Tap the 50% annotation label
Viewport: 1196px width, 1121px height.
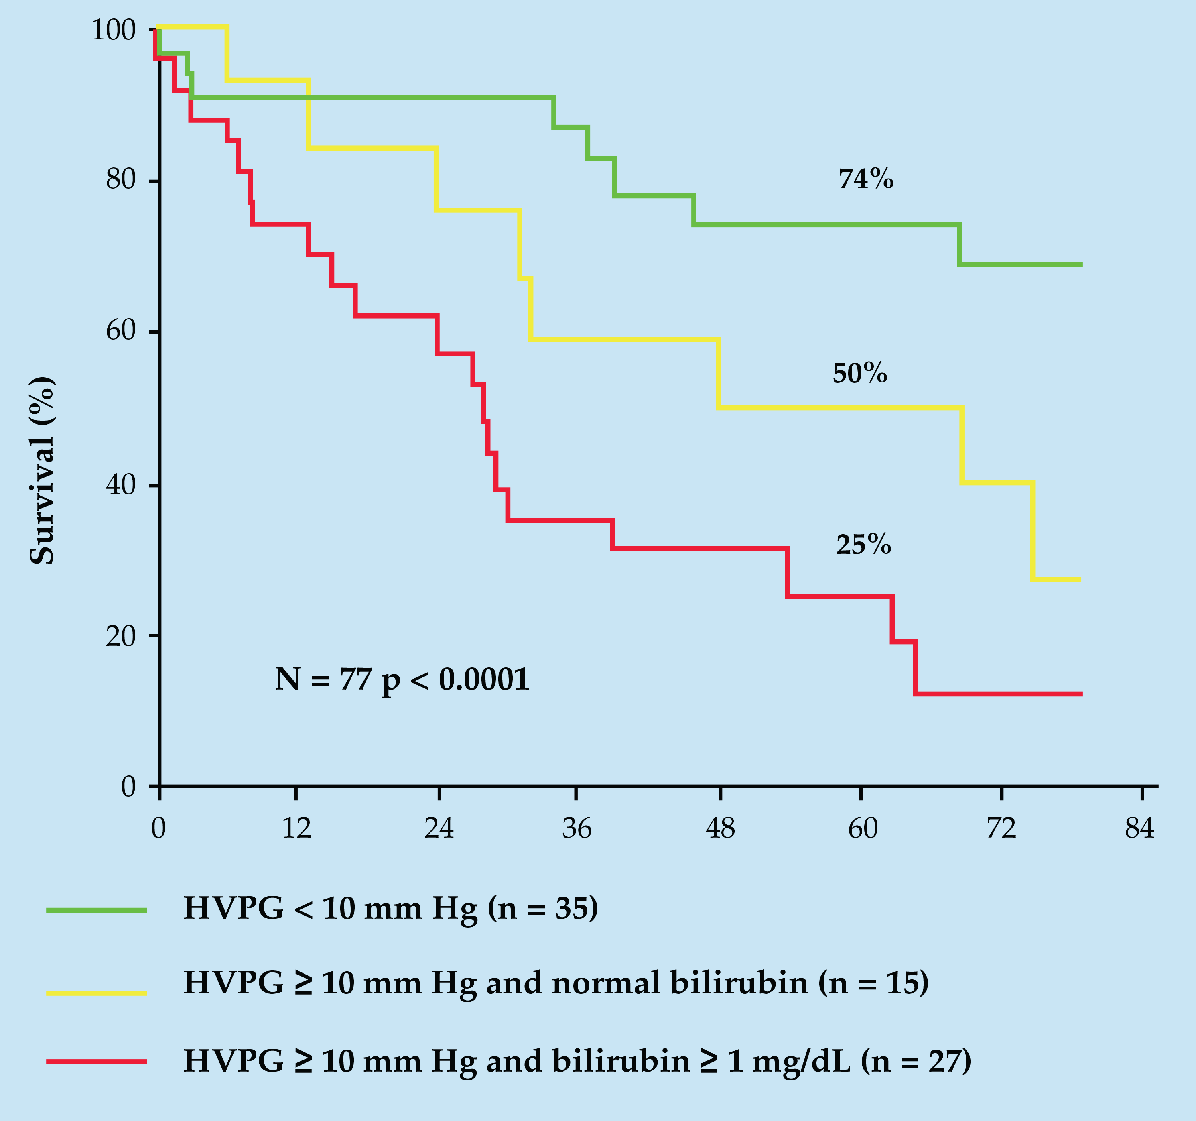pos(860,374)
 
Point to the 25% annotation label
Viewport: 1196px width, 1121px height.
pos(863,545)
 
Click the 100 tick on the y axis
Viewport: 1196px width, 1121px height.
pos(114,30)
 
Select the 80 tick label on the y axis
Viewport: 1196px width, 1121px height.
pos(121,179)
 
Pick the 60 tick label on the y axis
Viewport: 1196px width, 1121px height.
pos(121,330)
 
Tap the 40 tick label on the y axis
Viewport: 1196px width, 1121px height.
pos(121,484)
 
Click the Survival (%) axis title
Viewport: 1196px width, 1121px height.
pos(42,470)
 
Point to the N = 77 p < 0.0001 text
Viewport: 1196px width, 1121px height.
pos(402,680)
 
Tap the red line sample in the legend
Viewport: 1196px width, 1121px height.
pos(96,1062)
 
